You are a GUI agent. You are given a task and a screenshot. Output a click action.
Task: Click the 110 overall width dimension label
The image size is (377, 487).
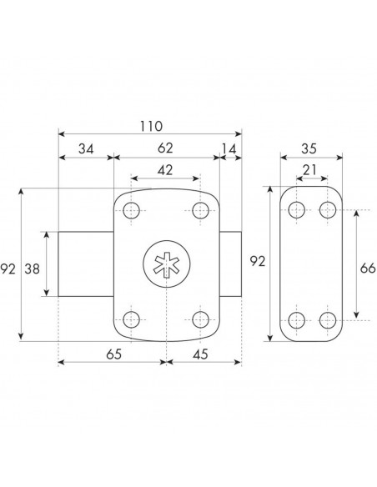(151, 127)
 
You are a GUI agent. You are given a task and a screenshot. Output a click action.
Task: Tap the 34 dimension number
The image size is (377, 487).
(86, 149)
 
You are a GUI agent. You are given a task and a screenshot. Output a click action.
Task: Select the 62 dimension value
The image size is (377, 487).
(165, 148)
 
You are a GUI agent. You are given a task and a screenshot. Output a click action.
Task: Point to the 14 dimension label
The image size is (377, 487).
(229, 149)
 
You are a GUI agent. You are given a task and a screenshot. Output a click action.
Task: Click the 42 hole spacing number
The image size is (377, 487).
(165, 170)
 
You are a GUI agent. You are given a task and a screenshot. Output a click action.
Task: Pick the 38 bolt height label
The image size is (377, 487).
(33, 269)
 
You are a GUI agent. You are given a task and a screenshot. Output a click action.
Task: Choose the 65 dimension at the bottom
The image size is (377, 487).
(114, 354)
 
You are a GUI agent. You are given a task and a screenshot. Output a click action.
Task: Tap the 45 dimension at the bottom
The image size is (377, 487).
(200, 354)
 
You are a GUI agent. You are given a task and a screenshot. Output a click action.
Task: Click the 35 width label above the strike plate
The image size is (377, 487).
(309, 148)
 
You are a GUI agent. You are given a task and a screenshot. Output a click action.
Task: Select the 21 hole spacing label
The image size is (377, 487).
(310, 170)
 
